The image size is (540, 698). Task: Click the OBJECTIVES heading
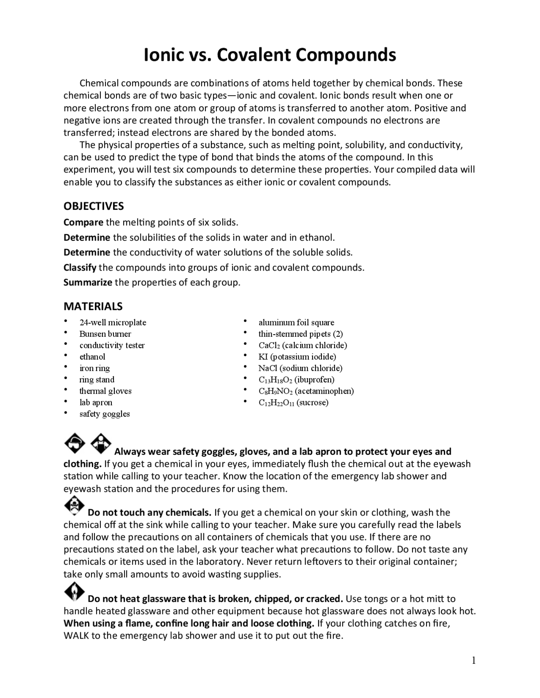(x=94, y=206)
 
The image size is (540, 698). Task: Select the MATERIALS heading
(x=93, y=306)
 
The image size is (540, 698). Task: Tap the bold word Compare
(x=83, y=222)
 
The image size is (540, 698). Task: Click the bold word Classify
(x=80, y=268)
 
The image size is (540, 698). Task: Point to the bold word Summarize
(x=88, y=282)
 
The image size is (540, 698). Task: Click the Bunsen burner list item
(x=105, y=334)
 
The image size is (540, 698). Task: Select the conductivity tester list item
(x=112, y=345)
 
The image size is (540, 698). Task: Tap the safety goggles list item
(x=105, y=413)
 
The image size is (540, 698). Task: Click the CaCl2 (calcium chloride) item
(x=302, y=345)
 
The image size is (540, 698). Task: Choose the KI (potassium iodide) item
(x=297, y=357)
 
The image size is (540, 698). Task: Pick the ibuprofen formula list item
(x=296, y=379)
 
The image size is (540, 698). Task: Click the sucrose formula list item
(x=293, y=402)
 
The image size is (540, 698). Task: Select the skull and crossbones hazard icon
(x=74, y=505)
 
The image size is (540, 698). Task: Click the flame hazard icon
(x=74, y=592)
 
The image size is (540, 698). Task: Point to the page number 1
(x=473, y=660)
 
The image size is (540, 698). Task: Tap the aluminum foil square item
(x=296, y=322)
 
